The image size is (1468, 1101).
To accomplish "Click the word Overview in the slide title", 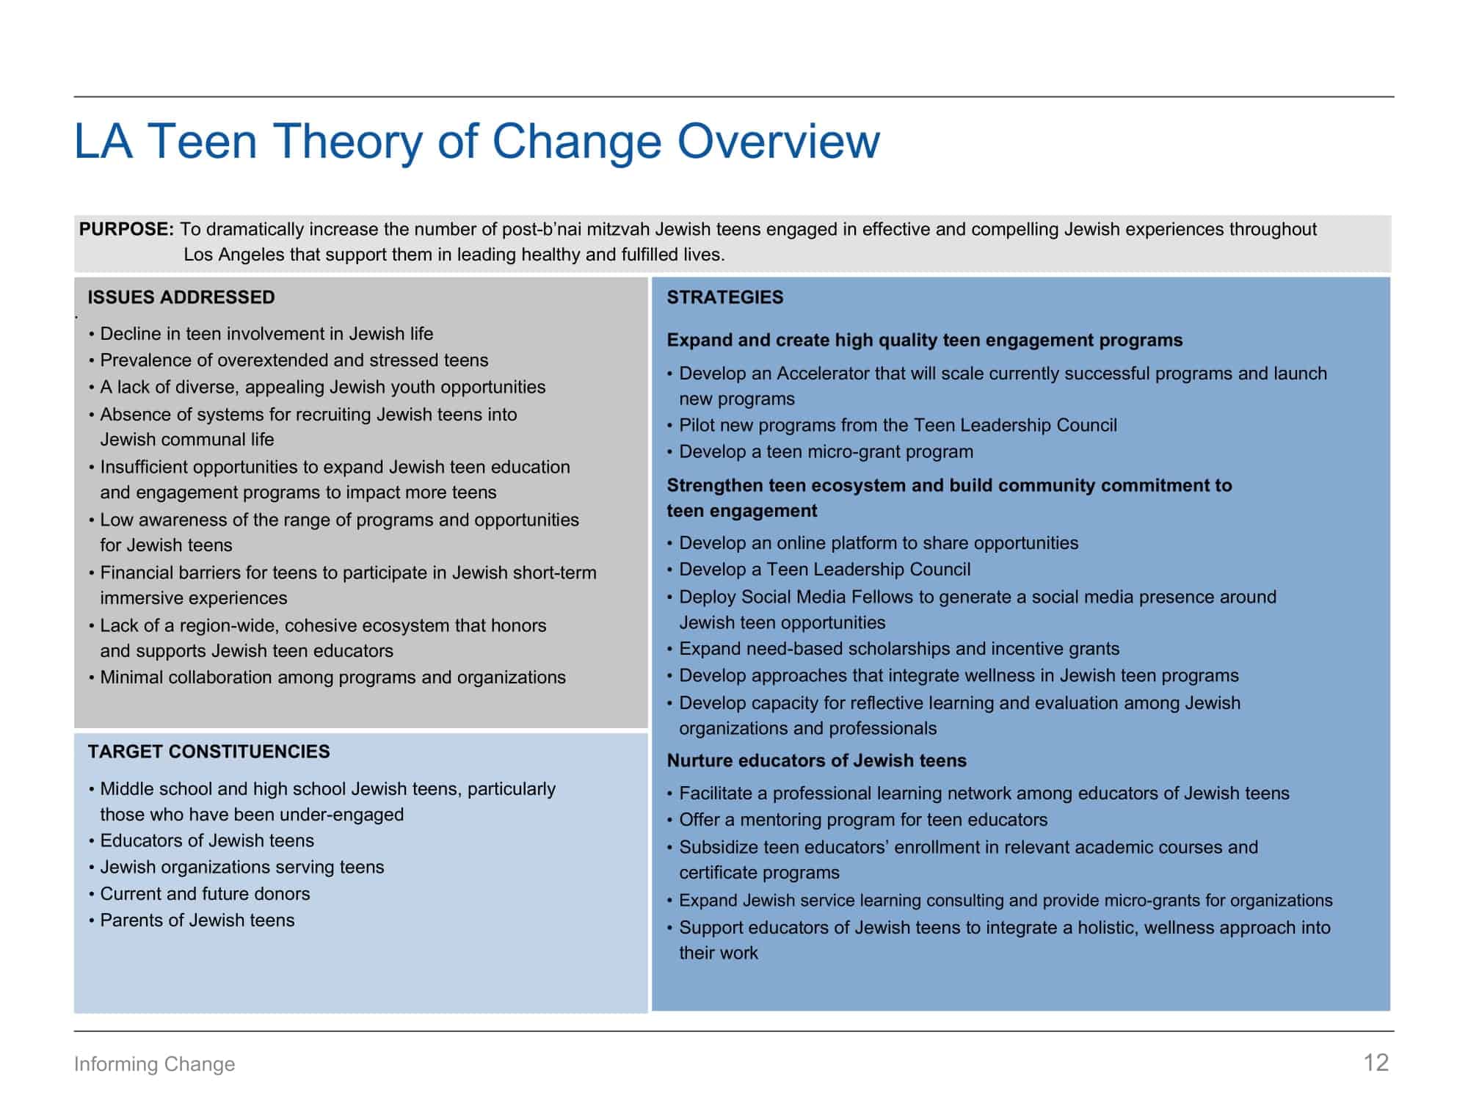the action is [778, 141].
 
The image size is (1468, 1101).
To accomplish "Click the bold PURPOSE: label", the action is [126, 229].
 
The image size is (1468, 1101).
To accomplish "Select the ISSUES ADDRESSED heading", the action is [181, 297].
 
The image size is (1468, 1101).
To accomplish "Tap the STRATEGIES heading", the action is [725, 297].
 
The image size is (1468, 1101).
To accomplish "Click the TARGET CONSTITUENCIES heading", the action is [208, 752].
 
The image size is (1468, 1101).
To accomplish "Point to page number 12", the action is [1376, 1063].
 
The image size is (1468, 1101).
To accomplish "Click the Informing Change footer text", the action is [154, 1064].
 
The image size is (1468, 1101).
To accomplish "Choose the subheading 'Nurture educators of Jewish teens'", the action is [816, 760].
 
